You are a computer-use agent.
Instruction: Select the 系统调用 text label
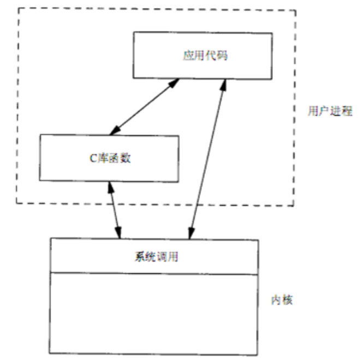155,256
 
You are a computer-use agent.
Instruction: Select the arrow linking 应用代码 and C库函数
144,107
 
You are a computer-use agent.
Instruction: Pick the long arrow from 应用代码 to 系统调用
207,159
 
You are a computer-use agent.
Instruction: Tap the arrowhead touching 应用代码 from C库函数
175,82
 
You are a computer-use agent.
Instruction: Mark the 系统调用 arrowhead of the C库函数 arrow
117,235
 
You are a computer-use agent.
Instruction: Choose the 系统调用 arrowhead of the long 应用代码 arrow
190,235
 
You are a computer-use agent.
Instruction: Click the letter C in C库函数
93,159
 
